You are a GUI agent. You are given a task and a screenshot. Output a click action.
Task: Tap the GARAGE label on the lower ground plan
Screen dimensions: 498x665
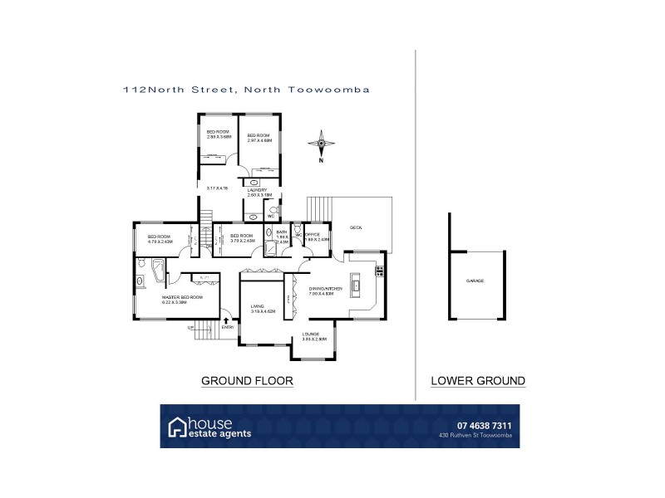[x=475, y=281]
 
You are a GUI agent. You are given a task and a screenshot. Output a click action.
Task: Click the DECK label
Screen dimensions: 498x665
[x=356, y=227]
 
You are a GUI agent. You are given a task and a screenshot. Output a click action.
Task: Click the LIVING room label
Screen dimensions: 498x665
[x=257, y=308]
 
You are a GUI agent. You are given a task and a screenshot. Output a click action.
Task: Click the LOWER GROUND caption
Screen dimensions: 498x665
[x=477, y=381]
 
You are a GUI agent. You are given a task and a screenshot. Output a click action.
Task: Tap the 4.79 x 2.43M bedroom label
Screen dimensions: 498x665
[x=160, y=239]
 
